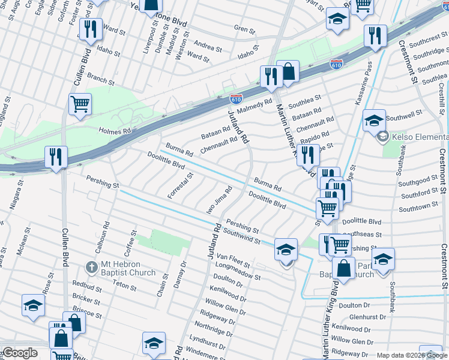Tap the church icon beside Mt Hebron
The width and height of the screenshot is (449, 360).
pos(91,266)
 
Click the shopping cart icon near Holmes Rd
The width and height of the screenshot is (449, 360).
pos(80,104)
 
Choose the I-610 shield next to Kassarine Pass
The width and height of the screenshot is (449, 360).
pos(336,63)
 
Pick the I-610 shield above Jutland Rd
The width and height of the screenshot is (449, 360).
pos(237,99)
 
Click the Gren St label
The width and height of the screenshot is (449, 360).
pos(244,29)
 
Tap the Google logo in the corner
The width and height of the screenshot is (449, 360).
pos(20,353)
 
